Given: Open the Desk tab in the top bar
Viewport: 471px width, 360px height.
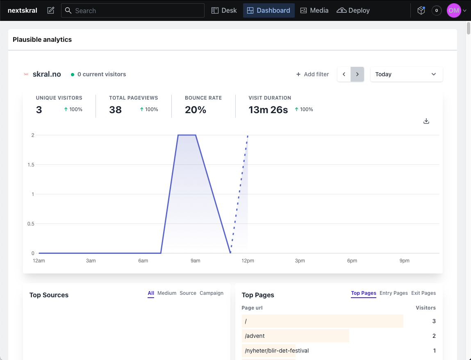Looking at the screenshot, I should [x=224, y=11].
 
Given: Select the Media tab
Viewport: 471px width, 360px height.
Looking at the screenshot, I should [x=314, y=11].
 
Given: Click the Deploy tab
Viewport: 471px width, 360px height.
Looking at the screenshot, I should [x=353, y=11].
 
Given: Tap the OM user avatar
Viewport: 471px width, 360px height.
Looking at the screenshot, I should [x=454, y=11].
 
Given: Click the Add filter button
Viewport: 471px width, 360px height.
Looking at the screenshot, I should [x=313, y=74].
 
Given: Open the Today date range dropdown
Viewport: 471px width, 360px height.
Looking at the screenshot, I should [x=406, y=74].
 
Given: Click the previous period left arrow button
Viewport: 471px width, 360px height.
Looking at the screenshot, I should [x=344, y=74].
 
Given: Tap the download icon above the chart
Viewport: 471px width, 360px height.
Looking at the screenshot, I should [x=426, y=121].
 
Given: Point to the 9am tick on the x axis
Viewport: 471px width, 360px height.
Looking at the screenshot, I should [x=196, y=261].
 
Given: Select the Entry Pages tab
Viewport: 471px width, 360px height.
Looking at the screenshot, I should [x=394, y=293].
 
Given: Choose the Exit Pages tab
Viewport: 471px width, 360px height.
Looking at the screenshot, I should [x=423, y=293].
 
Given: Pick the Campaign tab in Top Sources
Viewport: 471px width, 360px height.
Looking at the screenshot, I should [x=212, y=293].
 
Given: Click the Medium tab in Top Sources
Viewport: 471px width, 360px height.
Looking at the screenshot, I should [x=167, y=293].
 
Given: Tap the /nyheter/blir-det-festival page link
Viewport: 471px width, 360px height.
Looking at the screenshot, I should [x=277, y=351].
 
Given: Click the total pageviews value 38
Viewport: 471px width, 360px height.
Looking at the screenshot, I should [x=116, y=110].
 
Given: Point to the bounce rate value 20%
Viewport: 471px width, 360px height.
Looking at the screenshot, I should [x=196, y=110].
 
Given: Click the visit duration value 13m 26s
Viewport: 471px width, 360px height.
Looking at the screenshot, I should [x=268, y=110].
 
